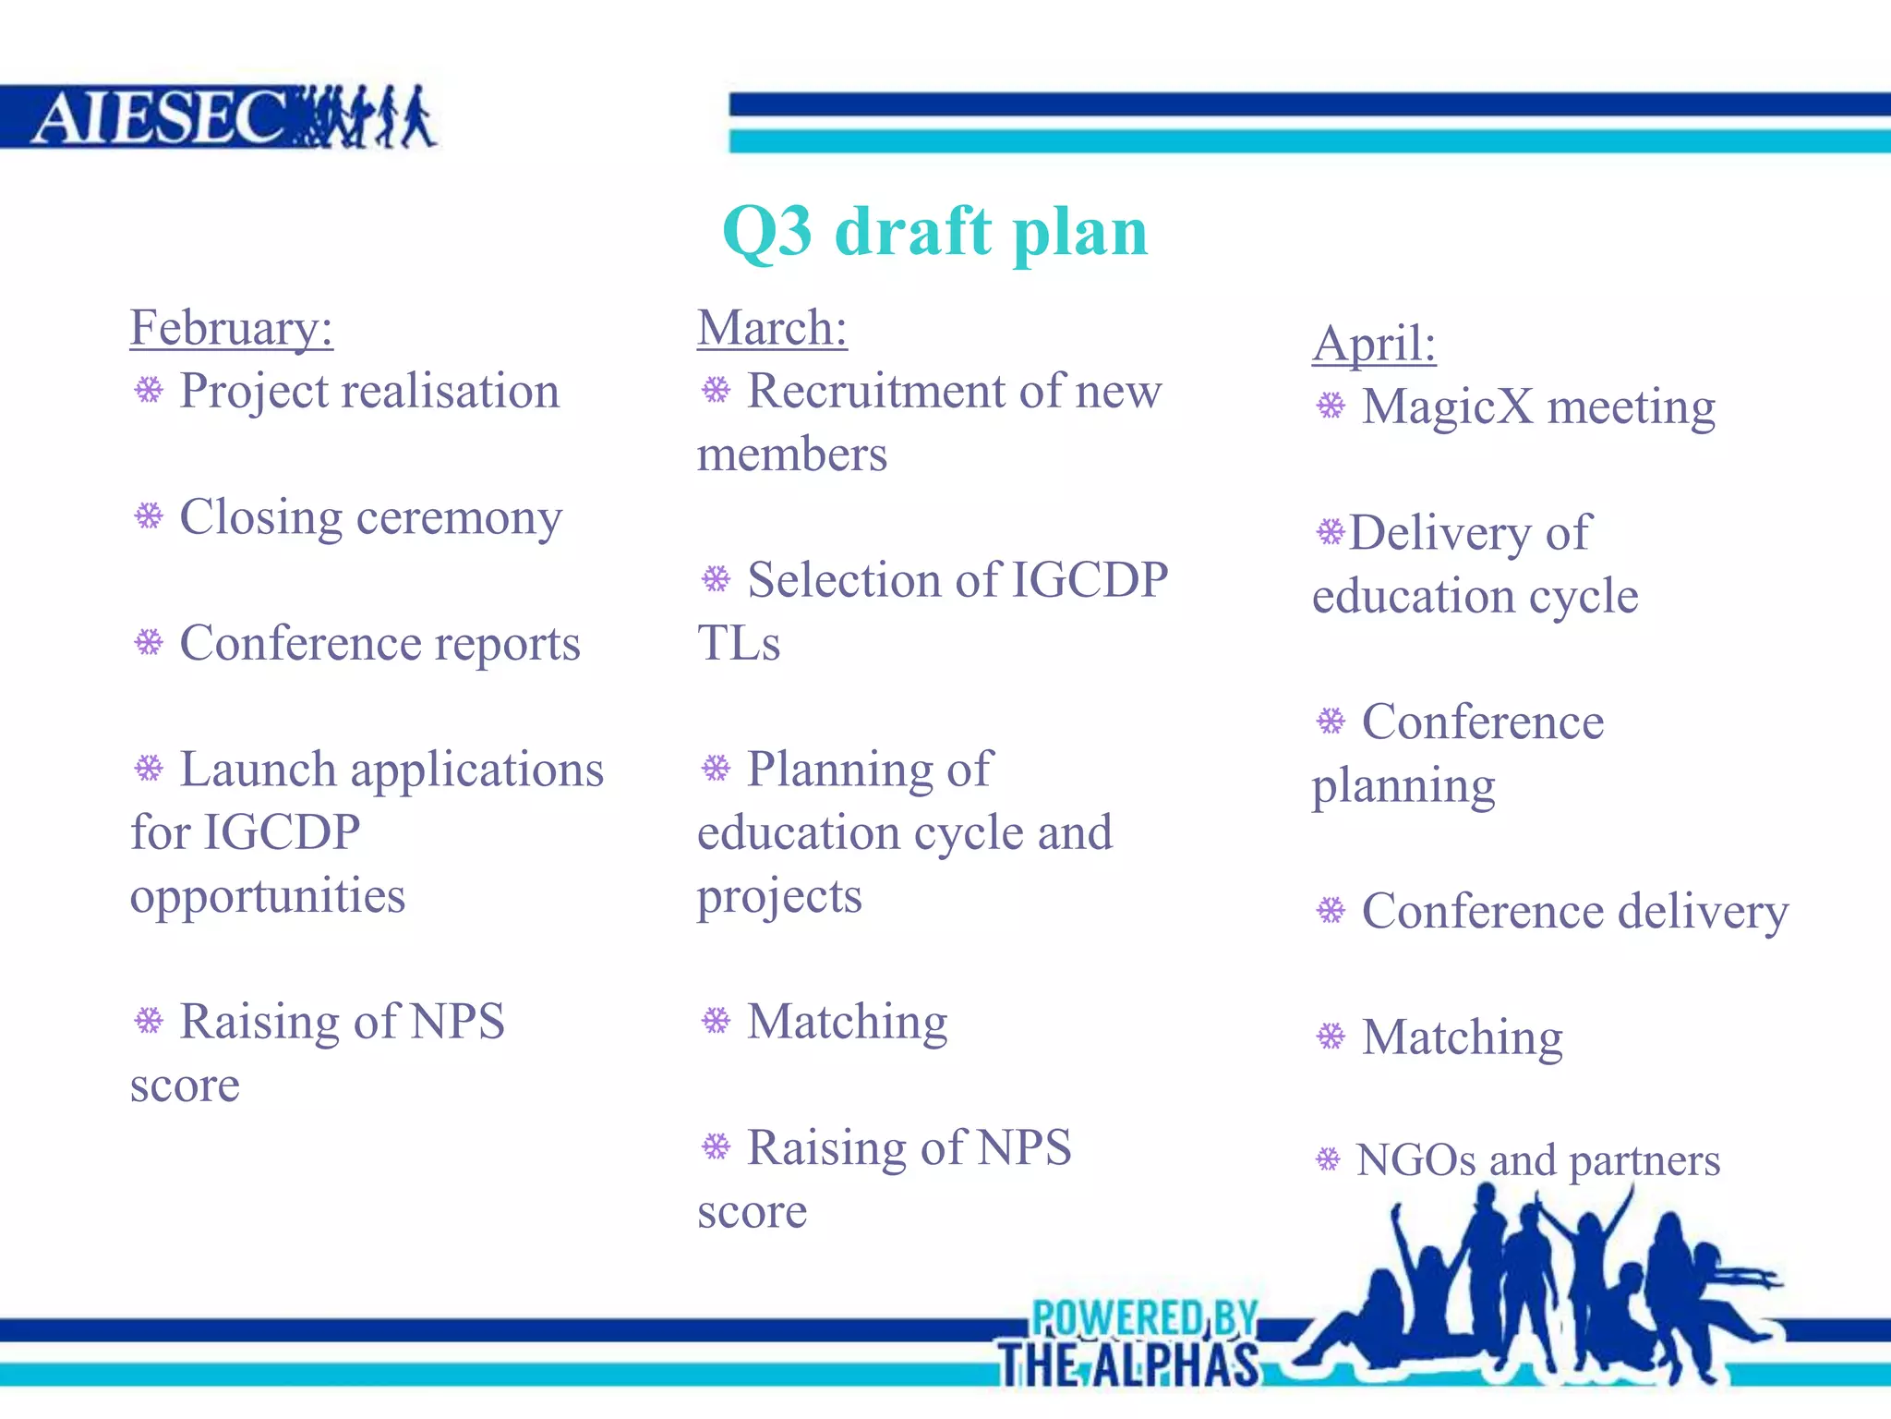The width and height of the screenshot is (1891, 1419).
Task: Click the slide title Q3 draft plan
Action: pos(934,231)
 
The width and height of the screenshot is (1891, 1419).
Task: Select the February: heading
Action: pos(231,328)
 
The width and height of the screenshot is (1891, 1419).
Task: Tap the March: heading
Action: pos(772,328)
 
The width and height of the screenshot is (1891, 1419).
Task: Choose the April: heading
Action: pos(1374,344)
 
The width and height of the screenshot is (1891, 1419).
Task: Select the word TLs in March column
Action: pos(738,643)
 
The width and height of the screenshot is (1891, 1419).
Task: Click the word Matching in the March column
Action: pos(847,1023)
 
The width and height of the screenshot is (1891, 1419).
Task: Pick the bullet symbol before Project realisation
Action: pos(149,390)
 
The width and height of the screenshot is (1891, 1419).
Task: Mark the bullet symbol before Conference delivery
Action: pos(1331,911)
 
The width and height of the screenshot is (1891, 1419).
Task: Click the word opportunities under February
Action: pos(268,896)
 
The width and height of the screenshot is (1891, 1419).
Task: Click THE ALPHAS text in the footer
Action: pos(1128,1364)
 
